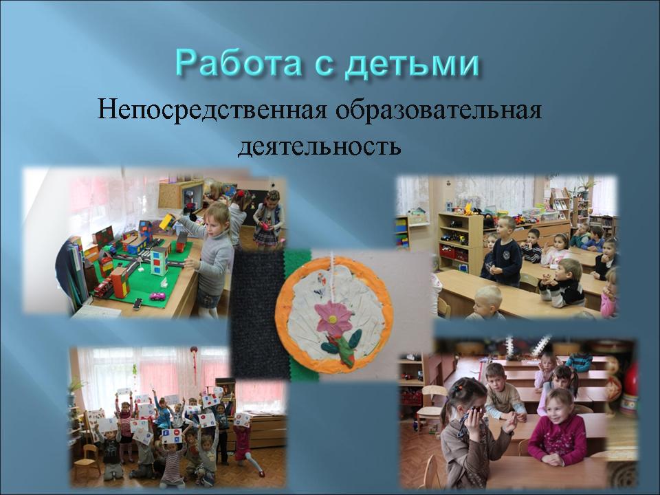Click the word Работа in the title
pyautogui.click(x=239, y=64)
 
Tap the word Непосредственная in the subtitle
pyautogui.click(x=212, y=111)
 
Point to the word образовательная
pyautogui.click(x=439, y=111)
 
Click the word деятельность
pyautogui.click(x=319, y=146)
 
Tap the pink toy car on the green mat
pyautogui.click(x=157, y=296)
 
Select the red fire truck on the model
pyautogui.click(x=103, y=287)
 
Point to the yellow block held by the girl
pyautogui.click(x=168, y=221)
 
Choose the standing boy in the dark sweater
pyautogui.click(x=506, y=252)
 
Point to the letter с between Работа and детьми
pyautogui.click(x=323, y=67)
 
